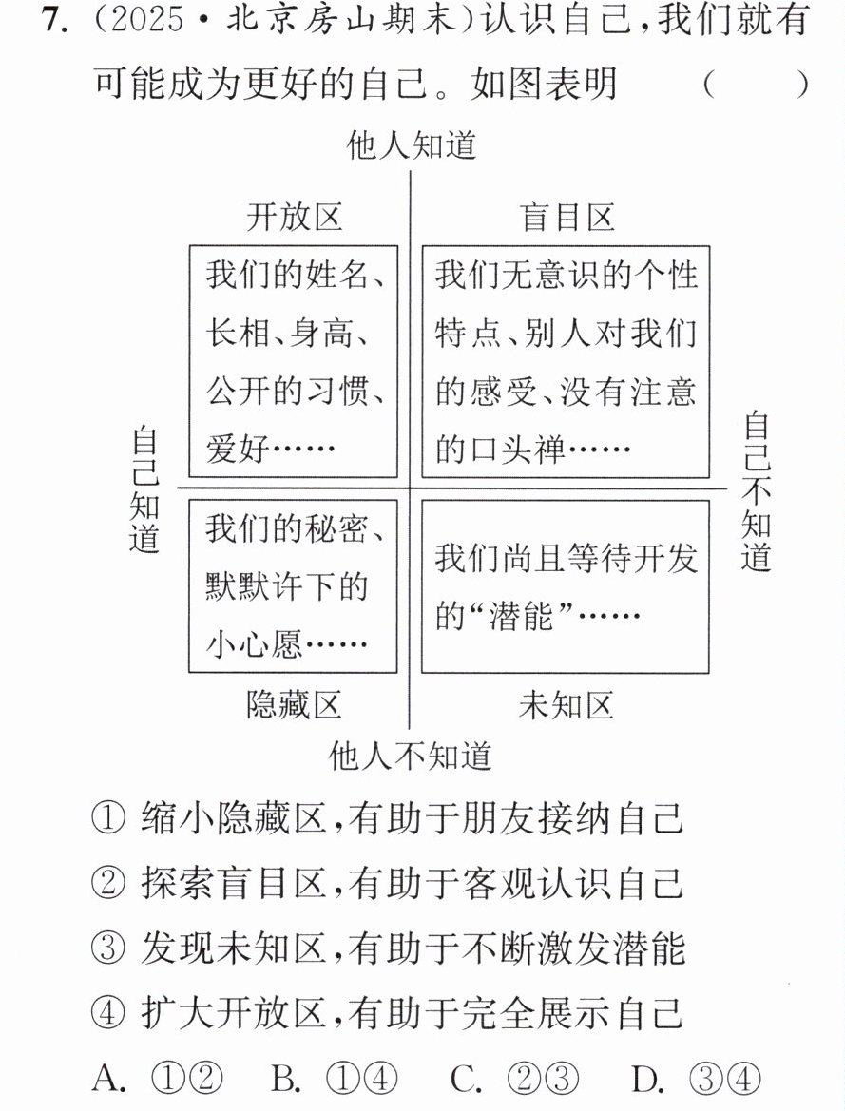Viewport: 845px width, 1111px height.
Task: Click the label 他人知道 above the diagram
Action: coord(412,146)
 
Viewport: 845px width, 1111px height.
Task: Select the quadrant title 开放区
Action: coord(295,217)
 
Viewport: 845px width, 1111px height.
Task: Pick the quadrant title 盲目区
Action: coord(567,217)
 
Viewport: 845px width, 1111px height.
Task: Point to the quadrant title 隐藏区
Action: coord(295,705)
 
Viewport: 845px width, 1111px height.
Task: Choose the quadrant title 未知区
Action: coord(567,705)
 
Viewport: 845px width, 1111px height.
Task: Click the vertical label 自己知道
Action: coord(144,489)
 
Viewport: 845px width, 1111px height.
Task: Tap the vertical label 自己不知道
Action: coord(756,492)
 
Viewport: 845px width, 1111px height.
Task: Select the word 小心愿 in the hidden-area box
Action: coord(254,644)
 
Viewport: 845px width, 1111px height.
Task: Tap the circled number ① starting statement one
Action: coord(108,819)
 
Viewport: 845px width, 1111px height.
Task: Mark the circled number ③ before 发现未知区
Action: coord(108,948)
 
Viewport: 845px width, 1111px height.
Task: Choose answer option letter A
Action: coord(109,1079)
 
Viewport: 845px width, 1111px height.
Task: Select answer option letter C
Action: coord(467,1079)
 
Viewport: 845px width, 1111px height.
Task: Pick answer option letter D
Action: coord(647,1079)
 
